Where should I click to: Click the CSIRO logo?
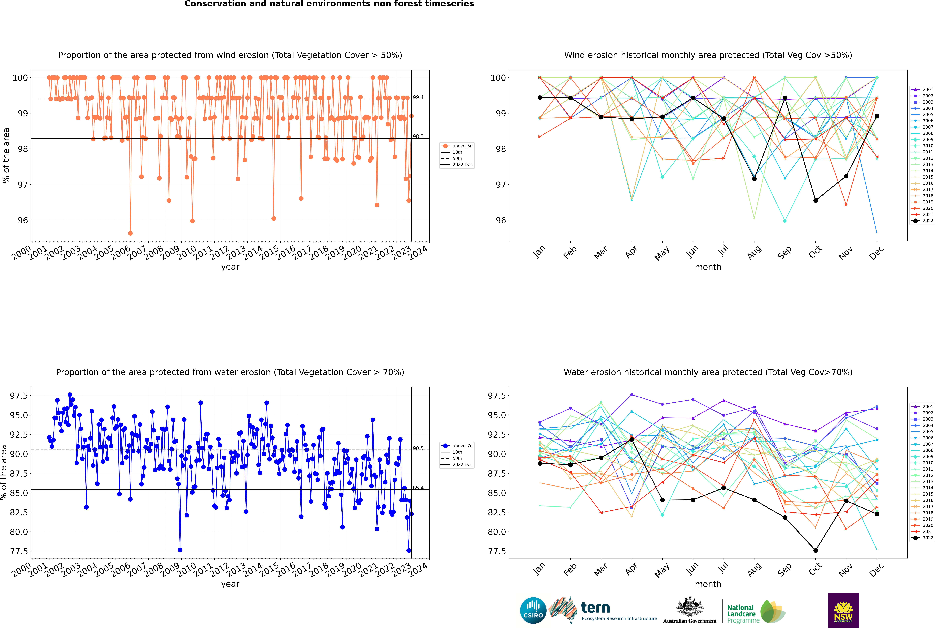pos(533,610)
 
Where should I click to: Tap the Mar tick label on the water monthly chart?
pos(600,570)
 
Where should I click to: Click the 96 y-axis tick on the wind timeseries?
pos(23,220)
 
